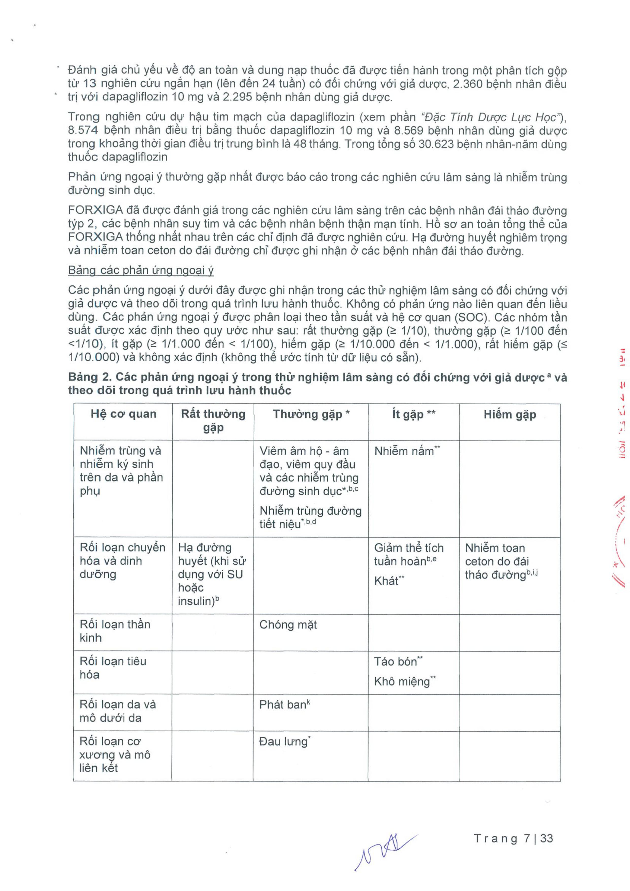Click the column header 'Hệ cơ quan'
click(123, 414)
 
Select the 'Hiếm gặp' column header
click(510, 414)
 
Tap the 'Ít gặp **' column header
click(414, 414)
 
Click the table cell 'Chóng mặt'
click(288, 625)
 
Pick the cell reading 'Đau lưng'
click(283, 742)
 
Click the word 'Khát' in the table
click(386, 581)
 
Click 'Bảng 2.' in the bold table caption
click(88, 377)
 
